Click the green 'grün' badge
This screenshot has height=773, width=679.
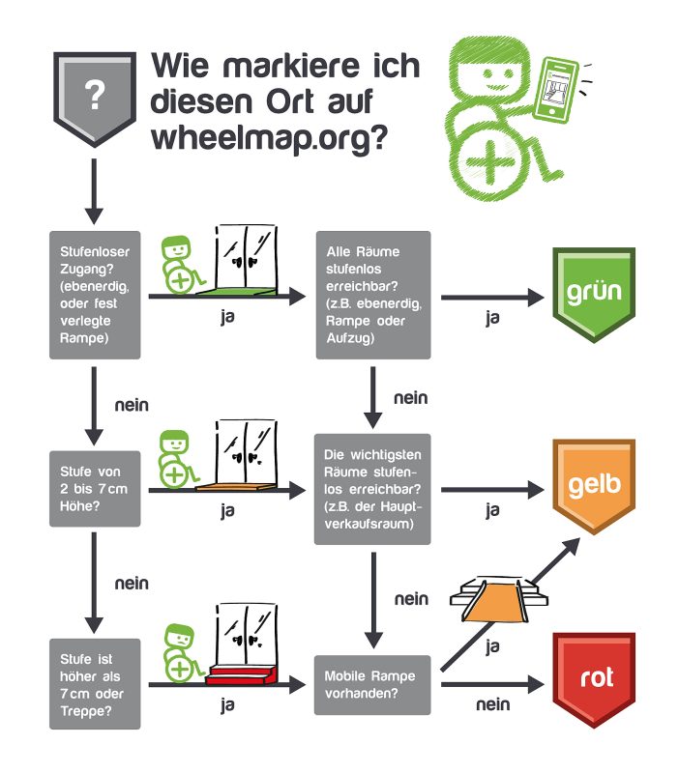click(594, 295)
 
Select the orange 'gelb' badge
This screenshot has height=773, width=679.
click(594, 487)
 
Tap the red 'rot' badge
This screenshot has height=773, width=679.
click(594, 680)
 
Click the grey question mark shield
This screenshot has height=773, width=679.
click(95, 99)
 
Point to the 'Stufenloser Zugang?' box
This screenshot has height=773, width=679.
click(95, 295)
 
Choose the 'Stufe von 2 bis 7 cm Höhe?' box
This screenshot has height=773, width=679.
click(95, 489)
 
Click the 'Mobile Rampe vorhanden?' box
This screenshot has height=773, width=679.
click(372, 685)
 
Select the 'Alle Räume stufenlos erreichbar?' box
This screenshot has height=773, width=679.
click(373, 295)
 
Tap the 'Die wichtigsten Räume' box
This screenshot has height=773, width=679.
click(372, 489)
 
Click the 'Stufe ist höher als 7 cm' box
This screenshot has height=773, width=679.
click(95, 684)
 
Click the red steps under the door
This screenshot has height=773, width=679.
click(242, 673)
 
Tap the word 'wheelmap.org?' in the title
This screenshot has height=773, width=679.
click(270, 137)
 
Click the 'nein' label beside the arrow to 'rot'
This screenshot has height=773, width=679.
click(493, 704)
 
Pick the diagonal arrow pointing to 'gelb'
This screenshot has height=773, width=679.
click(511, 605)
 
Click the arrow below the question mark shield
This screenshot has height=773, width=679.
click(94, 191)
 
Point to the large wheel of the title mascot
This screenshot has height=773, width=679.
click(488, 163)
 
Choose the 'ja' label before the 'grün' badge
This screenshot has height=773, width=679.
click(492, 318)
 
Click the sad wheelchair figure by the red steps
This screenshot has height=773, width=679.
click(182, 653)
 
